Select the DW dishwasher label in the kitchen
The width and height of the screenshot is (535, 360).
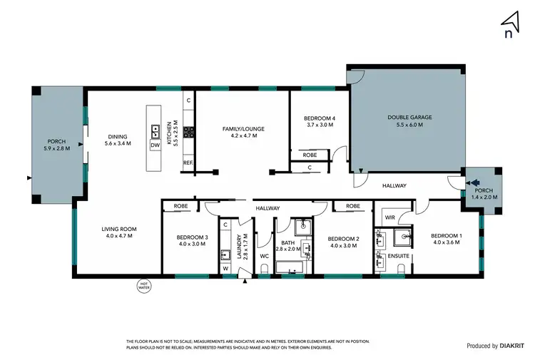click(x=155, y=145)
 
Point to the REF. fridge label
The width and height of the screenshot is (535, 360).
click(x=188, y=163)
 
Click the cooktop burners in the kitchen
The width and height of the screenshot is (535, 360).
click(x=189, y=132)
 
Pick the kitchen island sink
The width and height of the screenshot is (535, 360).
click(x=155, y=131)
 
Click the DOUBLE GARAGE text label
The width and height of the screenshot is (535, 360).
click(x=409, y=118)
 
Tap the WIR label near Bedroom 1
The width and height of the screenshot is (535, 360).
click(x=389, y=216)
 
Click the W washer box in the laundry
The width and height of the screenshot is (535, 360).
click(x=225, y=269)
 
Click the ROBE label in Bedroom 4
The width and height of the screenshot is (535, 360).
click(x=310, y=155)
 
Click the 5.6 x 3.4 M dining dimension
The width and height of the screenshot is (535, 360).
click(x=117, y=144)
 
